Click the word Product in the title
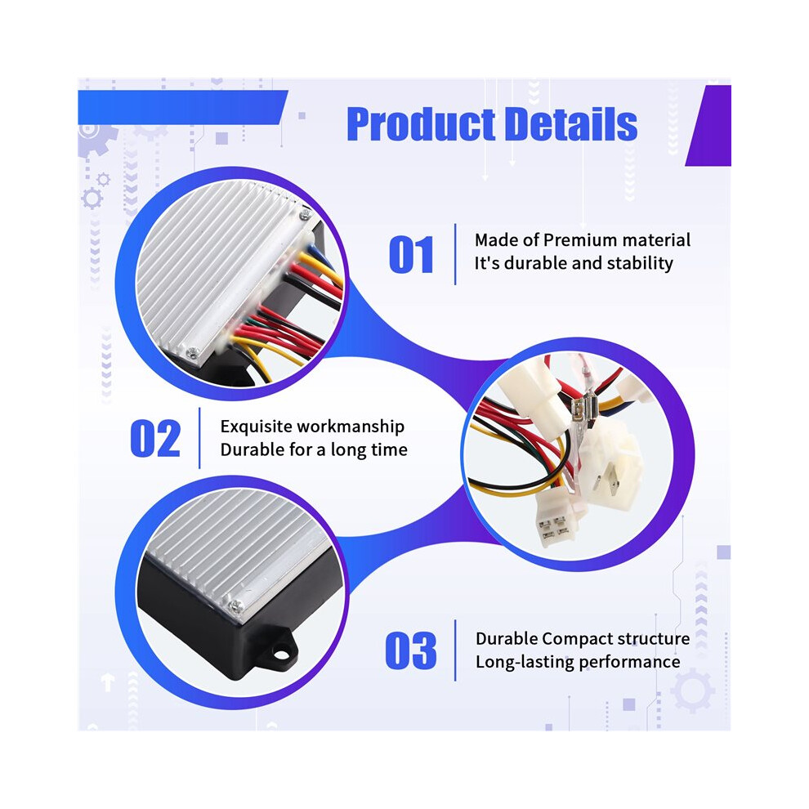[x=421, y=124]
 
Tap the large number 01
[x=411, y=254]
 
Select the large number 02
[x=155, y=438]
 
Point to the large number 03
[x=411, y=650]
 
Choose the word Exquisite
[x=256, y=427]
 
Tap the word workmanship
[x=351, y=427]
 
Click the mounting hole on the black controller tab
[x=280, y=655]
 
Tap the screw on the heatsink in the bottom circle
[x=236, y=606]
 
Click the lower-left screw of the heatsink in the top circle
[x=194, y=352]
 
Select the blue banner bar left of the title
[x=182, y=107]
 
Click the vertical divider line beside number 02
[x=199, y=438]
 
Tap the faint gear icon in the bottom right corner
[x=692, y=691]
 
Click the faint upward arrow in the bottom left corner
[x=107, y=682]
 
